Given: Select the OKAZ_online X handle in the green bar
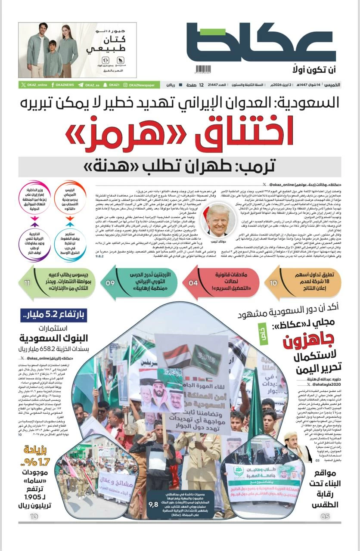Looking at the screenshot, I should click(x=34, y=85).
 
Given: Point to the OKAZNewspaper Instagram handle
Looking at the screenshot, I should click(x=139, y=85).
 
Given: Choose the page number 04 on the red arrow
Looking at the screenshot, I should click(x=193, y=283).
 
